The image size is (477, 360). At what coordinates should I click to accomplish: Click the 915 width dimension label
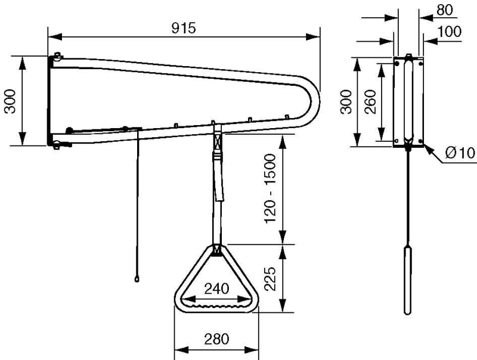pos(184,28)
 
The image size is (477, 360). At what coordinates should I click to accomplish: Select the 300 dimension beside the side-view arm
pos(10,101)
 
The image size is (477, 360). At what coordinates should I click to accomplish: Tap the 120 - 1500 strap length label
pos(270,188)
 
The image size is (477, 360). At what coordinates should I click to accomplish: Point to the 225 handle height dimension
pos(270,279)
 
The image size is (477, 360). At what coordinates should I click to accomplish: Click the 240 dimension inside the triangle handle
pos(216,288)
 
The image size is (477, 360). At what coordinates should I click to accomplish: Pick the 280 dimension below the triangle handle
pos(216,339)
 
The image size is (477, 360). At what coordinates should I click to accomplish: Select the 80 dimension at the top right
pos(444,10)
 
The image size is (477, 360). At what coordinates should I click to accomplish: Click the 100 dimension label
pos(450,32)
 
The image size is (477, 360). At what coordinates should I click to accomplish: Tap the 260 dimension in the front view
pos(370,101)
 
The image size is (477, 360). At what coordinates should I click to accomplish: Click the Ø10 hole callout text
pos(460,153)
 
